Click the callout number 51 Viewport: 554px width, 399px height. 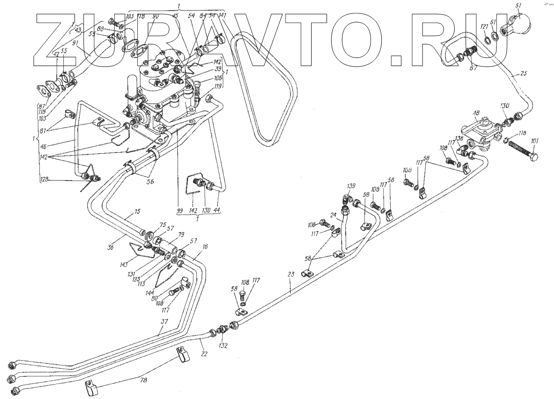coord(518,6)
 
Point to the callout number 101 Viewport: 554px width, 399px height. coord(535,141)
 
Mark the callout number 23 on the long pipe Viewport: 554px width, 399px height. coord(290,275)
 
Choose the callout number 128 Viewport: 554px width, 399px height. coord(45,180)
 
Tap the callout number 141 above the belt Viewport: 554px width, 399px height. coord(223,15)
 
